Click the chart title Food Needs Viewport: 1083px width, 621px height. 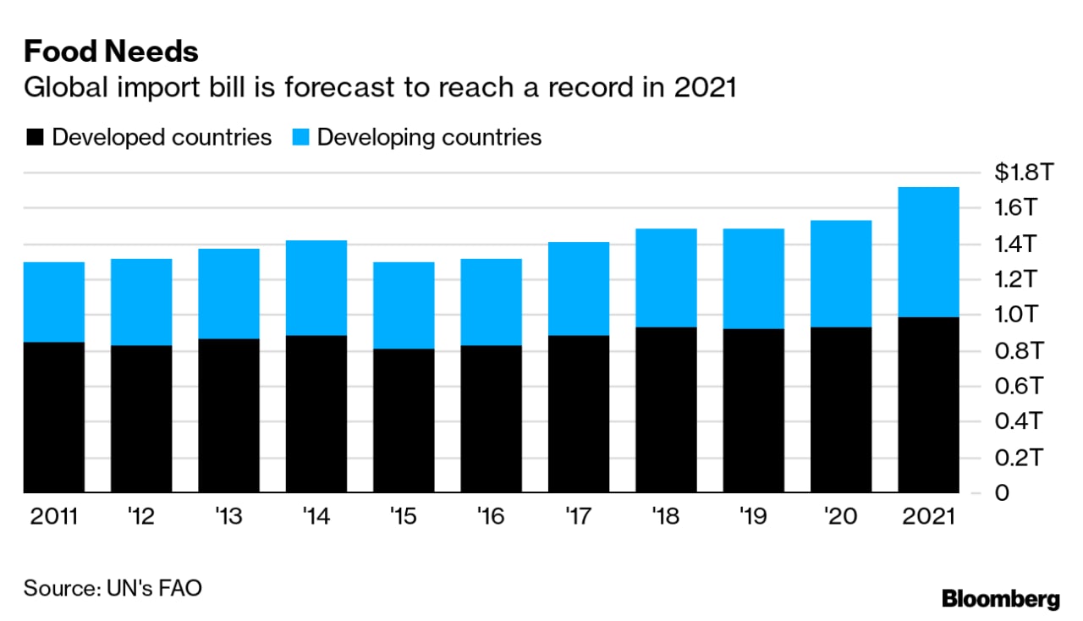coord(111,52)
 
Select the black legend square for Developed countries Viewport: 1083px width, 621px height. coord(35,138)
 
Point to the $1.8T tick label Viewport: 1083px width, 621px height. coord(1023,173)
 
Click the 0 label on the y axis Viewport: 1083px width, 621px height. coord(1003,493)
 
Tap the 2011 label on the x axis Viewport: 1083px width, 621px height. coord(53,517)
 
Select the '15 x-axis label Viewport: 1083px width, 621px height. coord(404,517)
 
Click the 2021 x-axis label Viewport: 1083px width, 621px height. coord(927,517)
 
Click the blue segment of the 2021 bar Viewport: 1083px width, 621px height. coord(928,252)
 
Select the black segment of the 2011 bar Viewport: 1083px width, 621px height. coord(54,417)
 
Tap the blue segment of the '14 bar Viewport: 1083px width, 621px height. coord(316,288)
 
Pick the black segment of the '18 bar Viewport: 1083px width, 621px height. coord(666,410)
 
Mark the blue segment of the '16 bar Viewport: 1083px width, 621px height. coord(491,302)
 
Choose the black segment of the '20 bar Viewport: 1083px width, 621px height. coord(841,410)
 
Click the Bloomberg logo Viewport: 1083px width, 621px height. coord(1000,600)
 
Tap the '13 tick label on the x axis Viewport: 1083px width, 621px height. coord(228,517)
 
